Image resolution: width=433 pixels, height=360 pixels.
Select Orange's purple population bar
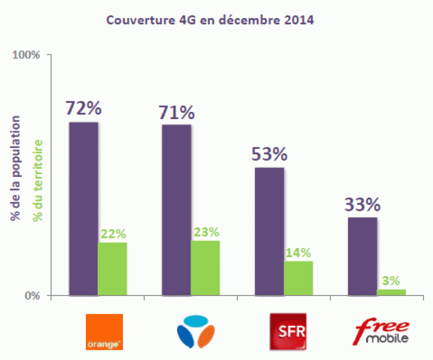pyautogui.click(x=83, y=209)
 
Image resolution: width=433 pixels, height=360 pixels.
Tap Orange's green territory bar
pyautogui.click(x=112, y=269)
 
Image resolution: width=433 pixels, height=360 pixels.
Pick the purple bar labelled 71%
pyautogui.click(x=176, y=210)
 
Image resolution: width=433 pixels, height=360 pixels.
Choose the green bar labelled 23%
pyautogui.click(x=205, y=268)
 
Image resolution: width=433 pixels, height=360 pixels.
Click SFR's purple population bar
pyautogui.click(x=269, y=232)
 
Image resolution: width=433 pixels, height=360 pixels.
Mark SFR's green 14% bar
pyautogui.click(x=298, y=278)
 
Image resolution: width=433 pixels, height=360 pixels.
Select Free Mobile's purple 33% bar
pyautogui.click(x=362, y=256)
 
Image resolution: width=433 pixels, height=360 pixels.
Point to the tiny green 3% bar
pyautogui.click(x=391, y=292)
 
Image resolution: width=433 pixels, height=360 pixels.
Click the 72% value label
pyautogui.click(x=83, y=108)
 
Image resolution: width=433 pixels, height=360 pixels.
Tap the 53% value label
pyautogui.click(x=269, y=155)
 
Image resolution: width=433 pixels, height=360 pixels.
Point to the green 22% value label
pyautogui.click(x=113, y=234)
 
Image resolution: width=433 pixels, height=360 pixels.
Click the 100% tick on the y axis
pyautogui.click(x=26, y=56)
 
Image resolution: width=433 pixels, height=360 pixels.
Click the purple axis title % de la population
pyautogui.click(x=15, y=170)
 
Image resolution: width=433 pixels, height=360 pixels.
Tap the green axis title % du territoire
pyautogui.click(x=38, y=180)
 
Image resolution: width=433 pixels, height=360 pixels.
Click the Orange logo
pyautogui.click(x=104, y=332)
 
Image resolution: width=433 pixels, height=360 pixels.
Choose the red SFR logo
pyautogui.click(x=288, y=332)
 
